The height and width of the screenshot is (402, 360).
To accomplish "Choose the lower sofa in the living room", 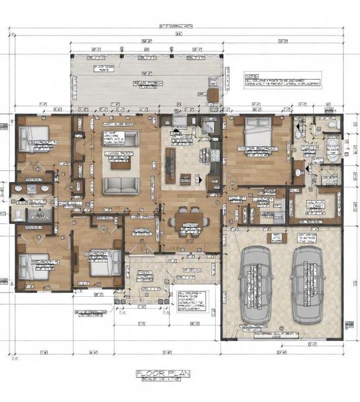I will (x=121, y=185).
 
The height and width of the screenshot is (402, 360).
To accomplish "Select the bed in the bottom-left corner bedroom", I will (x=34, y=266).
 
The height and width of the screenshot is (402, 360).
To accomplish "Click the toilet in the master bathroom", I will (x=332, y=125).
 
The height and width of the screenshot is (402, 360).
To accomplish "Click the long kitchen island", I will (x=170, y=161).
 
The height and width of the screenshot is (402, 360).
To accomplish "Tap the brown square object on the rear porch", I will (x=213, y=95).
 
